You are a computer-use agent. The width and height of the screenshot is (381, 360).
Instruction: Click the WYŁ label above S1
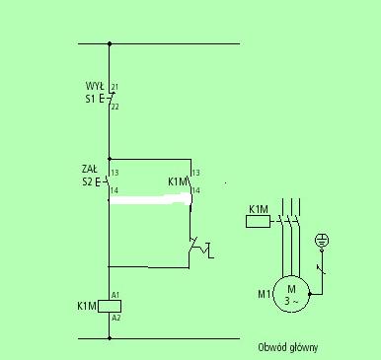click(95, 86)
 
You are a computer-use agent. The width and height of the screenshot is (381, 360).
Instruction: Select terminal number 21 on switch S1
click(114, 87)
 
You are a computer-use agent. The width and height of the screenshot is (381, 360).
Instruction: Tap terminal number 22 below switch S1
click(114, 107)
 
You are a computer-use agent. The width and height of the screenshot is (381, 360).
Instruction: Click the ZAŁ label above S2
click(90, 169)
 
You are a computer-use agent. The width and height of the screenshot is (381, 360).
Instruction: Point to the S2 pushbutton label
click(88, 181)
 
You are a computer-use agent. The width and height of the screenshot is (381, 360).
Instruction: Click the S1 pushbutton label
click(91, 99)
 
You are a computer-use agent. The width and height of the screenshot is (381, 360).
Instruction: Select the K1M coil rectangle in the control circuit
click(110, 306)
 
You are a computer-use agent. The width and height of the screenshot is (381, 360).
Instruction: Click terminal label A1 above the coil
click(115, 295)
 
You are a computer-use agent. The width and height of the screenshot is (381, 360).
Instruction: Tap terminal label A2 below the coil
click(115, 318)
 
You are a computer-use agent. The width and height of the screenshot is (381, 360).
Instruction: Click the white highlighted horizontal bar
click(150, 199)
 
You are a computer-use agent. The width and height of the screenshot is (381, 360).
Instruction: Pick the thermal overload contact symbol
click(200, 250)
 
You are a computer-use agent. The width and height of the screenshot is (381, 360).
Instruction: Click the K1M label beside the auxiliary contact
click(178, 181)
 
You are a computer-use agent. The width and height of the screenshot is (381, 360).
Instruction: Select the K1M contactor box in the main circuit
click(259, 222)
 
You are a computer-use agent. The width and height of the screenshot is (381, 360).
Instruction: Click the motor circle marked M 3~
click(291, 294)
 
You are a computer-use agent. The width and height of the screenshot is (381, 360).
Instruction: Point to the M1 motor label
click(265, 294)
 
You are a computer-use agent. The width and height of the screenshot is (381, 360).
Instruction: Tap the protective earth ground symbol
click(322, 241)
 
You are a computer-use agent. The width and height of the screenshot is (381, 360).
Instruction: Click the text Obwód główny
click(288, 347)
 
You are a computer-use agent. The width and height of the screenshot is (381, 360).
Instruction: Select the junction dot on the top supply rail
click(110, 43)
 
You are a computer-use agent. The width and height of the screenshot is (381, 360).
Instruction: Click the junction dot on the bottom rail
click(110, 338)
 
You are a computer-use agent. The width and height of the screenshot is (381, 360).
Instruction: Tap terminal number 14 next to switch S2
click(114, 190)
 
